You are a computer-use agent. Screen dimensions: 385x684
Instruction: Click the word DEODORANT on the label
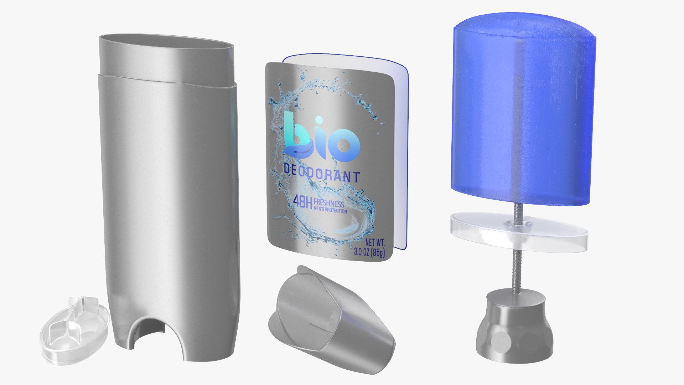pyautogui.click(x=322, y=176)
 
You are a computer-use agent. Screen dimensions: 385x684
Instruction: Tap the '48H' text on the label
pyautogui.click(x=302, y=203)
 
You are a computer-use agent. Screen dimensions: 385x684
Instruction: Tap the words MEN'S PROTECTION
pyautogui.click(x=330, y=211)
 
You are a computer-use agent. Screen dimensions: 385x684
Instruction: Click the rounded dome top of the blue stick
pyautogui.click(x=524, y=29)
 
